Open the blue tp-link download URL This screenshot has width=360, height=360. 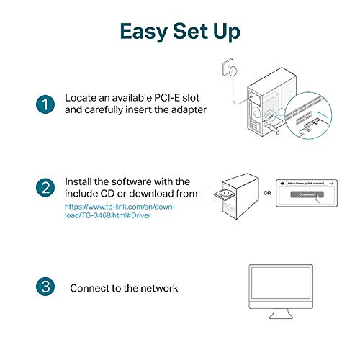point(120,210)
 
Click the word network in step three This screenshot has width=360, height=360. point(155,288)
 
